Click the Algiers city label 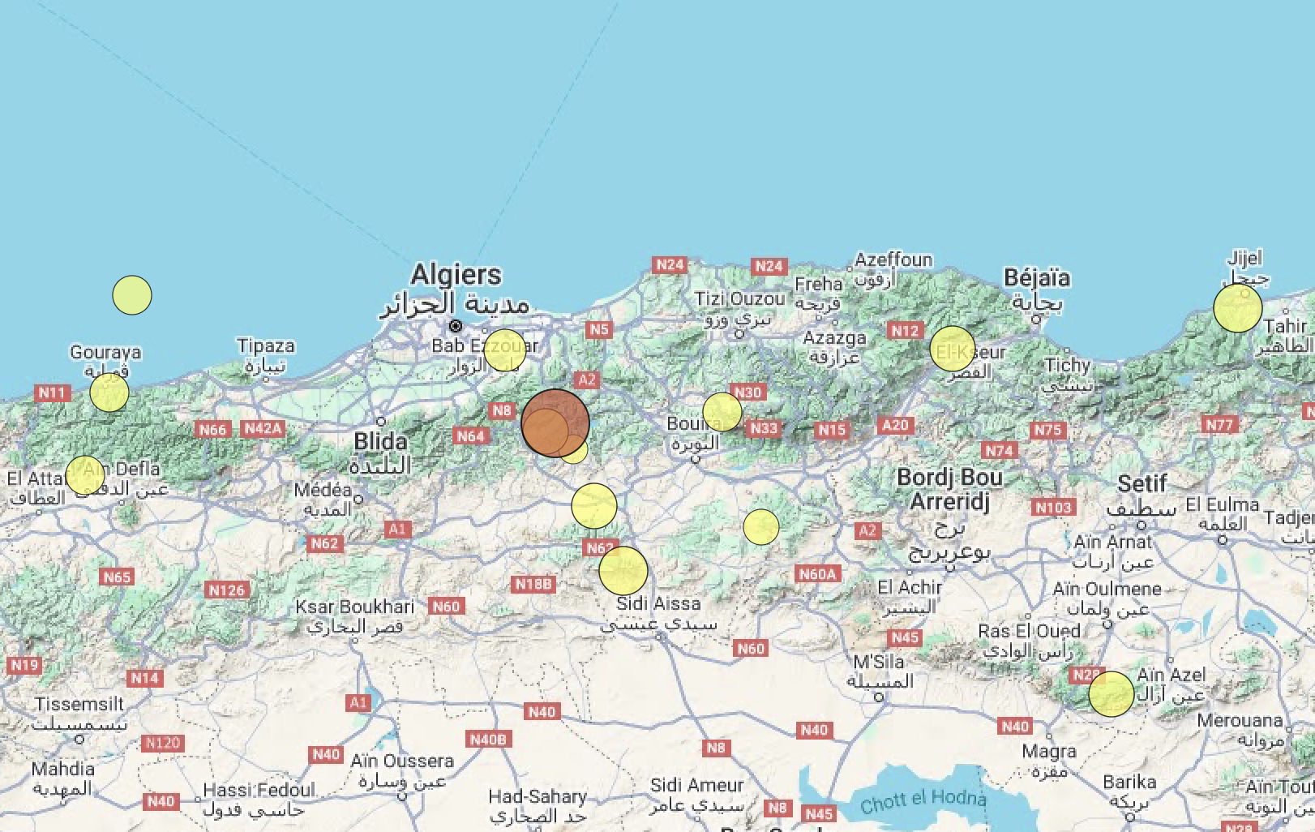click(456, 275)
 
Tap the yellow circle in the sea click(132, 295)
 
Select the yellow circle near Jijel click(1237, 308)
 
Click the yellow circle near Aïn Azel click(1111, 694)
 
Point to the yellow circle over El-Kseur click(952, 349)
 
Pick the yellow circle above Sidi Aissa click(623, 570)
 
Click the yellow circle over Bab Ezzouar click(504, 350)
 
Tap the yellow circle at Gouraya click(109, 392)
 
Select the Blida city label click(380, 442)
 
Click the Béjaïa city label click(1037, 278)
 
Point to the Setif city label click(1142, 484)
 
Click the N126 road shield click(226, 590)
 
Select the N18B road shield click(533, 584)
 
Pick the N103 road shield click(1053, 508)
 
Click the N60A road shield click(817, 574)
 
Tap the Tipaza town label click(266, 346)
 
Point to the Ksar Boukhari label click(354, 607)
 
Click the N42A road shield click(263, 428)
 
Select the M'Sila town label click(879, 662)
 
